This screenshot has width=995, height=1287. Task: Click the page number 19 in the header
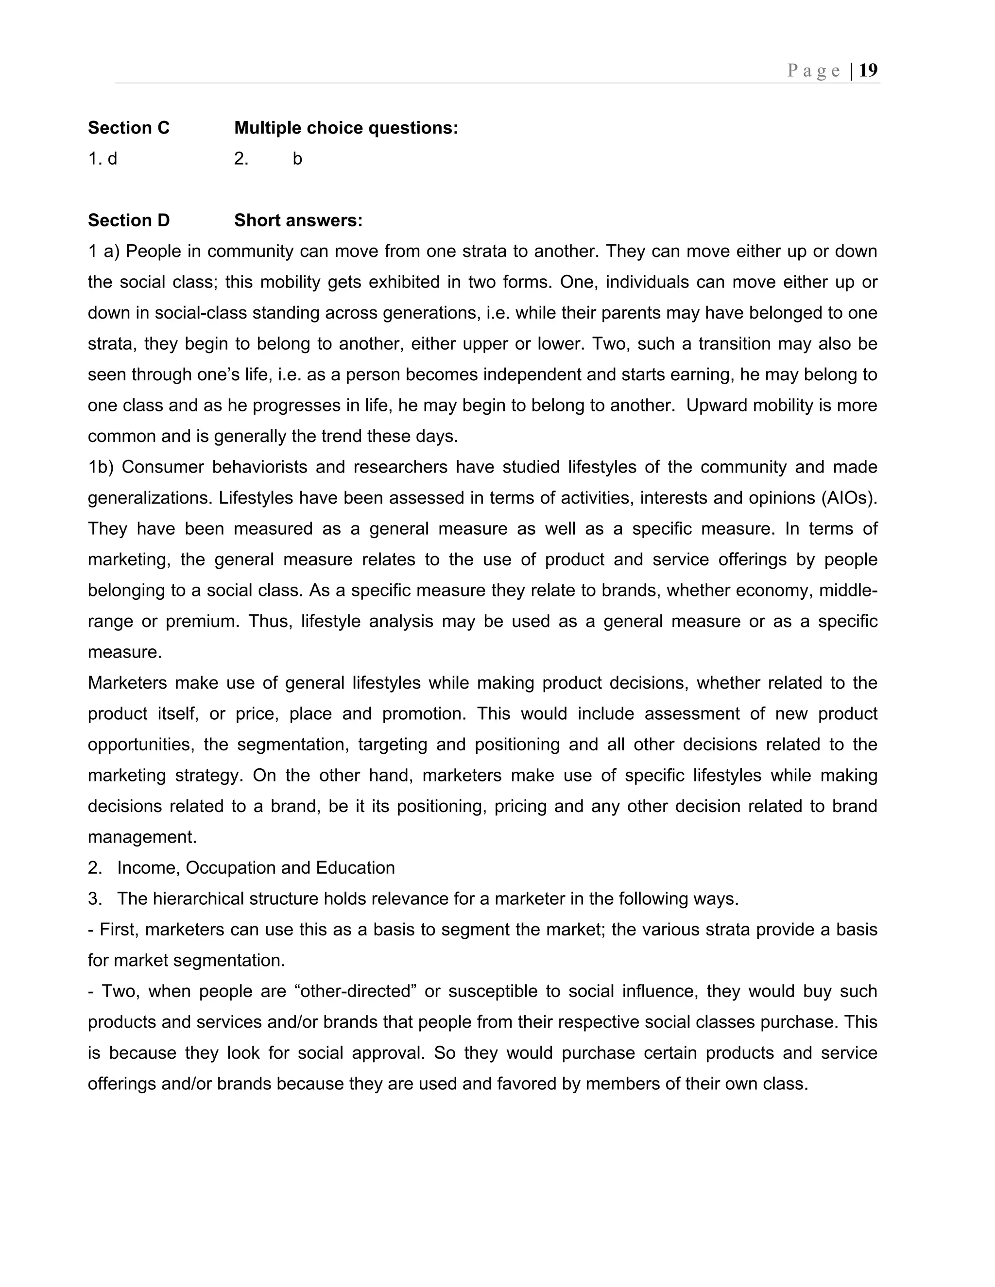point(868,71)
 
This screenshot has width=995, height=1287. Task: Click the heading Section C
point(128,128)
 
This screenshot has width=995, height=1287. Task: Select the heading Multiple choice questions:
point(345,128)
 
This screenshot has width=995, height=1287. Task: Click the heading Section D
point(128,220)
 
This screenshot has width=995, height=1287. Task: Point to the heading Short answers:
point(298,220)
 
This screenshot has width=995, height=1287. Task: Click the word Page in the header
point(813,71)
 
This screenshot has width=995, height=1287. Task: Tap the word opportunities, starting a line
point(141,744)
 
